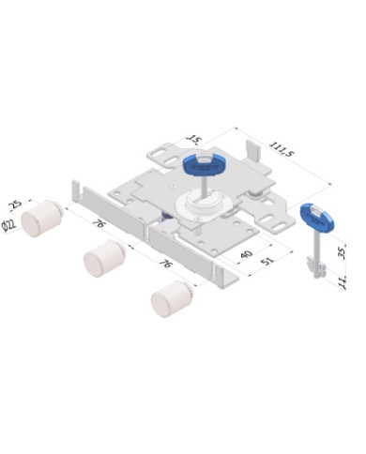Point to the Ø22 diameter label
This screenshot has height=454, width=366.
(10, 225)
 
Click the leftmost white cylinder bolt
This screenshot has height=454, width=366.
(43, 219)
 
